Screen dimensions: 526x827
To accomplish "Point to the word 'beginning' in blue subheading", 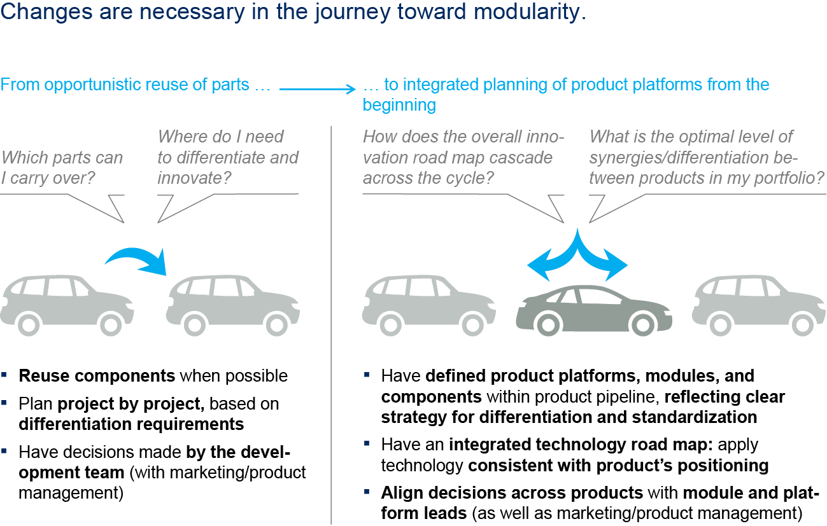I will coord(399,105).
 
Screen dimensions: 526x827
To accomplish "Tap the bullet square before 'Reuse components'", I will coord(4,375).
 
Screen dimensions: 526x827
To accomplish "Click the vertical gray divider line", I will coord(331,318).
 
